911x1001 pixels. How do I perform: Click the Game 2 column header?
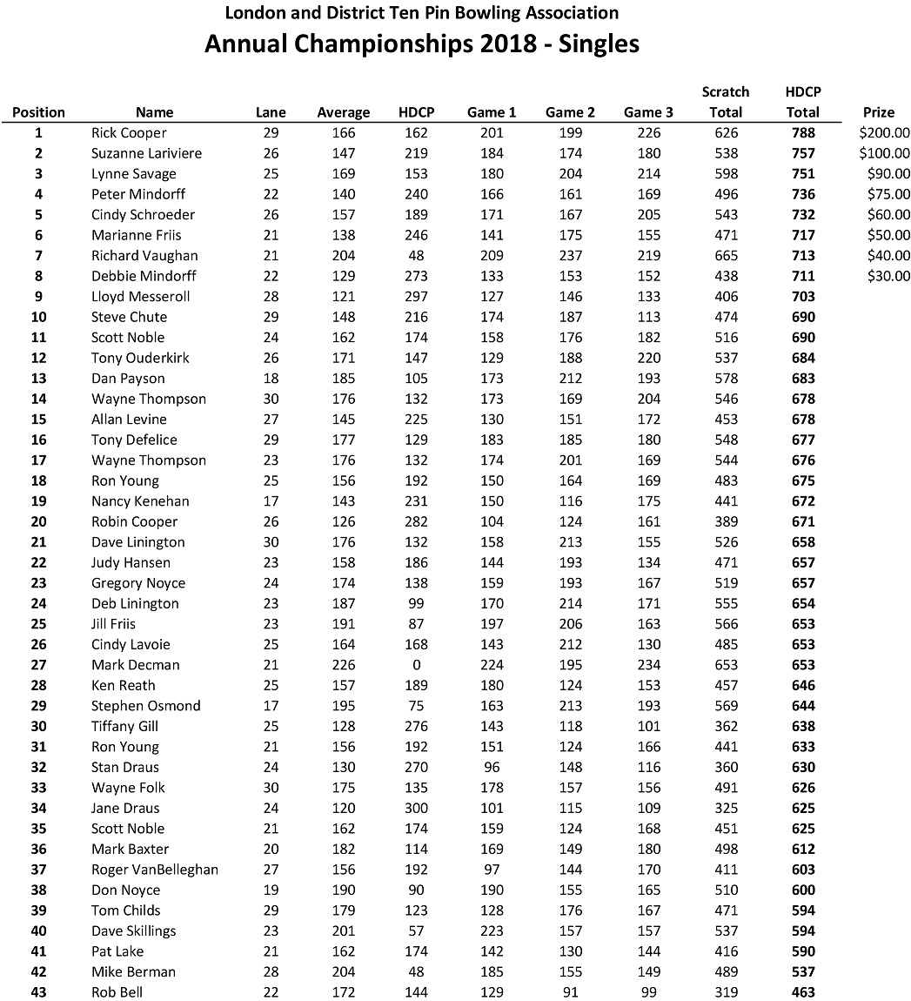click(x=570, y=111)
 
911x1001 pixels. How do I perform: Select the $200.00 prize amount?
click(x=883, y=133)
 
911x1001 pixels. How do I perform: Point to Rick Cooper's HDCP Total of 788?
click(x=802, y=133)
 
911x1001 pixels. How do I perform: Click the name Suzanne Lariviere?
click(x=146, y=153)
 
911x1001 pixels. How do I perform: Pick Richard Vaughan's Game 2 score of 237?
click(x=570, y=256)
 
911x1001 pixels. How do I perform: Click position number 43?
click(x=38, y=992)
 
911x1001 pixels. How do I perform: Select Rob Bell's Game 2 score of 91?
click(x=570, y=992)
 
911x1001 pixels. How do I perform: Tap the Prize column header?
click(x=878, y=111)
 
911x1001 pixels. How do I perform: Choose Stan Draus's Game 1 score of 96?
click(x=492, y=767)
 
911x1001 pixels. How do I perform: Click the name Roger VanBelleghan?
click(x=155, y=870)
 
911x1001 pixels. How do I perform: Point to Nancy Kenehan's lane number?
click(x=271, y=501)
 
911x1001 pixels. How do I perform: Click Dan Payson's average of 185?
click(x=343, y=379)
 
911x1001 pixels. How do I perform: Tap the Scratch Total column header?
click(x=726, y=101)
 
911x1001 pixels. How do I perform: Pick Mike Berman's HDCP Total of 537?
click(x=802, y=971)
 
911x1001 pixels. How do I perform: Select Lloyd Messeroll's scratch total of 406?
click(x=726, y=297)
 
